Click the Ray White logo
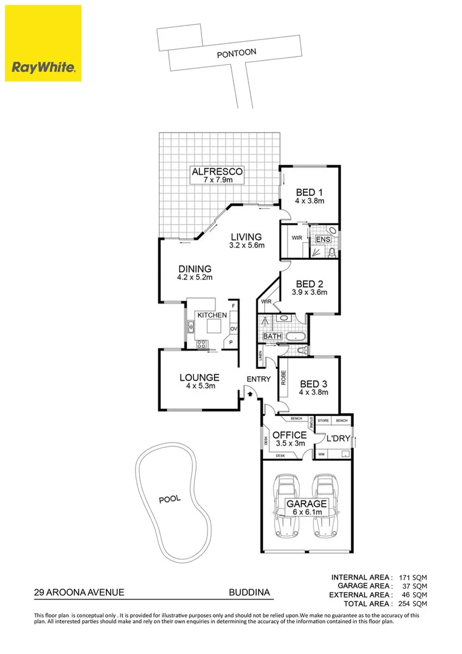click(43, 43)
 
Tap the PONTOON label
click(236, 53)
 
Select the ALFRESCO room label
click(217, 171)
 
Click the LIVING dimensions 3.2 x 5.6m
click(245, 245)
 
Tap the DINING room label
click(194, 269)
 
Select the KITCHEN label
click(212, 315)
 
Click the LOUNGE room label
click(199, 378)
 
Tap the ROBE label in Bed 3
click(282, 378)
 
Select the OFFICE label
click(289, 435)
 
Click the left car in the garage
click(284, 506)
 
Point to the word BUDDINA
click(249, 594)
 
